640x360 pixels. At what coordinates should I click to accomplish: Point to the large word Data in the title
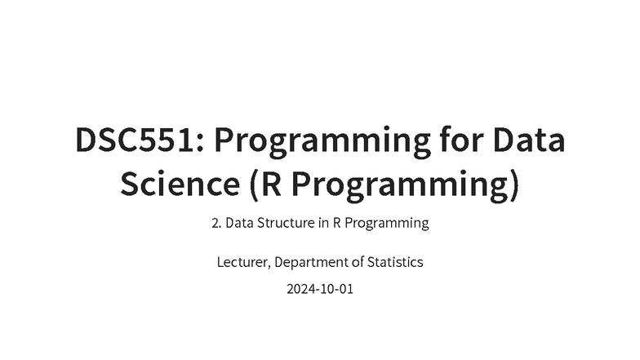530,141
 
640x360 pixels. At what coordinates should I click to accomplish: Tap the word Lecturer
243,263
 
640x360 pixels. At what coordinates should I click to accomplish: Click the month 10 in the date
327,289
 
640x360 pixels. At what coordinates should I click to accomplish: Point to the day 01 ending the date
346,289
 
